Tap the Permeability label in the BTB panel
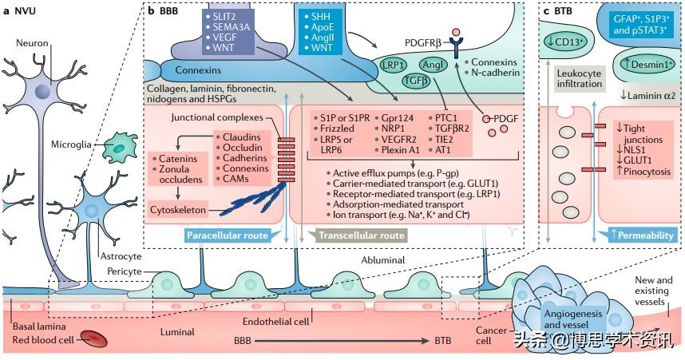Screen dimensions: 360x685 coord(645,235)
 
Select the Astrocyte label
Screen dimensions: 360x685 coord(121,257)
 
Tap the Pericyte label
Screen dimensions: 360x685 coord(124,271)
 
